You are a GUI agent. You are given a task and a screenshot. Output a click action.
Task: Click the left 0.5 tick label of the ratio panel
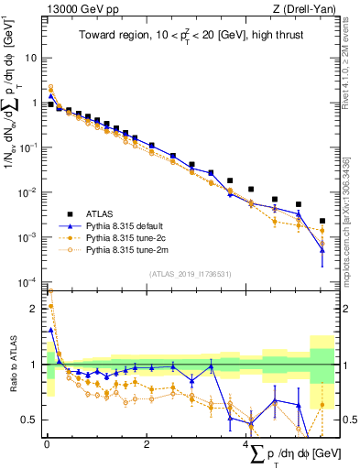(30, 420)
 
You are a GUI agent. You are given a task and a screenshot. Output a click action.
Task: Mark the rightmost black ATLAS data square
(322, 221)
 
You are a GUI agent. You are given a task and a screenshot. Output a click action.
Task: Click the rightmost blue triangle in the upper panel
(322, 249)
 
